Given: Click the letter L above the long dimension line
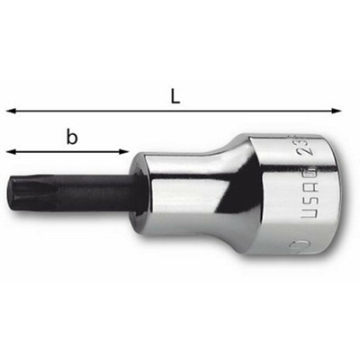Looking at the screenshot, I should click(x=176, y=95).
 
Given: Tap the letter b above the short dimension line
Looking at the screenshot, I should click(x=70, y=137).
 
